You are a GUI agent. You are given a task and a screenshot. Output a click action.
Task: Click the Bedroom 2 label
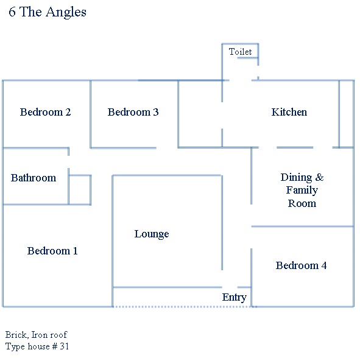pyautogui.click(x=45, y=112)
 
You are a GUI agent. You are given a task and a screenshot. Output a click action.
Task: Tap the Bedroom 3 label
pyautogui.click(x=133, y=112)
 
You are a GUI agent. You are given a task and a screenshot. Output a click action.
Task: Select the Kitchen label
pyautogui.click(x=289, y=112)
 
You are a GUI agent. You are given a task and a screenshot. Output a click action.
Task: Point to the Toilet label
pyautogui.click(x=240, y=52)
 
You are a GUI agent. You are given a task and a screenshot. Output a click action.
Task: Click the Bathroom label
pyautogui.click(x=34, y=178)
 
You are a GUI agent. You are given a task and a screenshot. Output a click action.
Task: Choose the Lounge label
pyautogui.click(x=152, y=234)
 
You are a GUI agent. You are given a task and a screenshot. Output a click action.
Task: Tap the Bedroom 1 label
pyautogui.click(x=52, y=251)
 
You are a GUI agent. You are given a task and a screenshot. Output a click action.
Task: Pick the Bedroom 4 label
pyautogui.click(x=302, y=265)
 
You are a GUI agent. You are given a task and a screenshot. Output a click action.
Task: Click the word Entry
pyautogui.click(x=234, y=298)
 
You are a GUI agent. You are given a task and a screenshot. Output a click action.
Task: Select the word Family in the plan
pyautogui.click(x=302, y=191)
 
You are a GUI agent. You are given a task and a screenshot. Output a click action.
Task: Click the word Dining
pyautogui.click(x=296, y=178)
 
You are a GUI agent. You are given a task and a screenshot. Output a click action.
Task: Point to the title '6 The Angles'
pyautogui.click(x=48, y=12)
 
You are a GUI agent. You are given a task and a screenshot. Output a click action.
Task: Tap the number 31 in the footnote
pyautogui.click(x=65, y=346)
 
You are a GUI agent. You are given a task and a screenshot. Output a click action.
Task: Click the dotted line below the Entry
pyautogui.click(x=182, y=307)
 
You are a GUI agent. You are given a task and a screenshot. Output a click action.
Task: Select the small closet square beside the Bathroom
pyautogui.click(x=80, y=190)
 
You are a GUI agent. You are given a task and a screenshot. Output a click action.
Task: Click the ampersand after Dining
pyautogui.click(x=319, y=177)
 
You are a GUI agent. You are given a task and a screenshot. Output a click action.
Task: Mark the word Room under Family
pyautogui.click(x=302, y=203)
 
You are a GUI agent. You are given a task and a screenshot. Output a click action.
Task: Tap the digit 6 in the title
pyautogui.click(x=12, y=12)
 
